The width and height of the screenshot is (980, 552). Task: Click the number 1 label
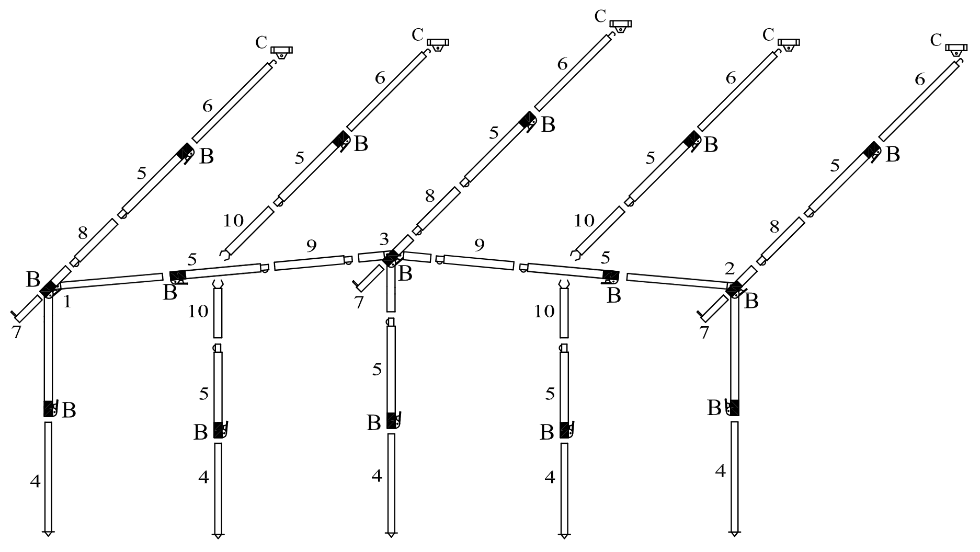pos(67,302)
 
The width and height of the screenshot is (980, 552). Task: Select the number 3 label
pos(384,239)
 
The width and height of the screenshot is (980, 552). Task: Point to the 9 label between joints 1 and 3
pos(311,246)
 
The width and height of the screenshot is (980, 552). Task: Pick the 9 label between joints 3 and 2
pos(479,244)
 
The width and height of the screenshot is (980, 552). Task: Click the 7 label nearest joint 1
pos(17,332)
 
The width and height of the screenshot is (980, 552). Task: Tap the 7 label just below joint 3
pos(358,302)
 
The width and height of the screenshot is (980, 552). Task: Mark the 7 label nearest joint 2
pos(704,332)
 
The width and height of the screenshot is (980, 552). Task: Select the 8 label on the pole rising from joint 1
pos(83,233)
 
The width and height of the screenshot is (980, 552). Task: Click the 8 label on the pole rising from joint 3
pos(430,196)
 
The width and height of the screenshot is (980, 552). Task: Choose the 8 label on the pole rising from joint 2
pos(774,227)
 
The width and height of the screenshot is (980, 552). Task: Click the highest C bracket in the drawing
pos(621,26)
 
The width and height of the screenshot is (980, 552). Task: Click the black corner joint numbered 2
pos(735,289)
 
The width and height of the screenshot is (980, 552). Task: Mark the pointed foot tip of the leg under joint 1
pos(48,535)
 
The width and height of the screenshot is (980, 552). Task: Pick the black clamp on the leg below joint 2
pos(734,408)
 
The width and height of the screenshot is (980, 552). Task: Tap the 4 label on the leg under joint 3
pos(377,476)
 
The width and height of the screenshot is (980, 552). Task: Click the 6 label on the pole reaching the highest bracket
pos(563,64)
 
